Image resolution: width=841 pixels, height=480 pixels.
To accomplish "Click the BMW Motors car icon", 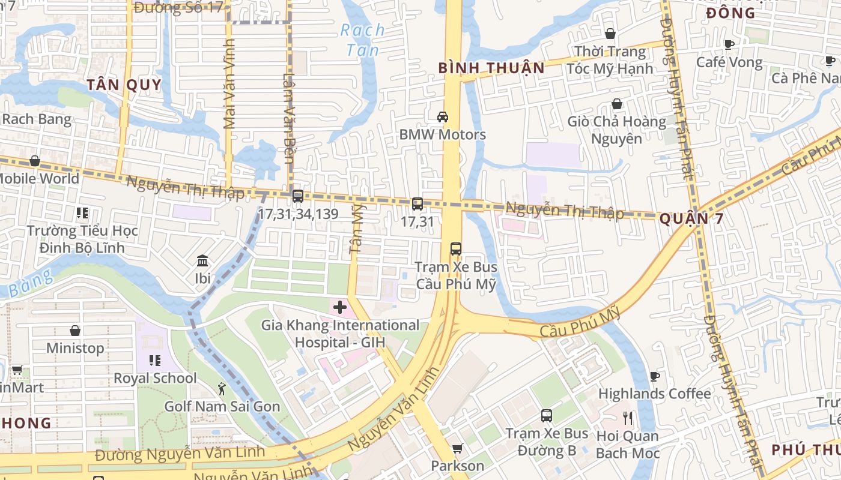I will pos(443,116).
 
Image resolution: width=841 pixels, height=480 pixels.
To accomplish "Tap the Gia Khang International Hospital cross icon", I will pos(340,308).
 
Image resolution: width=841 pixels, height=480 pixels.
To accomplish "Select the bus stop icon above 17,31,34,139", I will pos(297,196).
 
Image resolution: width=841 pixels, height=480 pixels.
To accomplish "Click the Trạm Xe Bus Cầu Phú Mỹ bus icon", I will pos(456,248).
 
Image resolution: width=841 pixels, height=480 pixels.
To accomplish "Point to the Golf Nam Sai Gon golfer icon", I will pos(222,389).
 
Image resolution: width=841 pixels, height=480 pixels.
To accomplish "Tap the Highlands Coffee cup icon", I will pos(655,376).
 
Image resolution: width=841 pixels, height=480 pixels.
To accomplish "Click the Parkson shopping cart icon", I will pos(457,448).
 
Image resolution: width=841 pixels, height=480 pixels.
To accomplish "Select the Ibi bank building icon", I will pos(203,261).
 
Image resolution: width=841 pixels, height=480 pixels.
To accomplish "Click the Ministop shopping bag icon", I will pos(75,331).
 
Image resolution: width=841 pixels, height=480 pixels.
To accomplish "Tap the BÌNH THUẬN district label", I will pos(491,68).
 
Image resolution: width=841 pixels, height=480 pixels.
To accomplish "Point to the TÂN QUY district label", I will pos(124,85).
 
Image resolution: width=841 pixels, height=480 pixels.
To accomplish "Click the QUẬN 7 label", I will pos(691,219).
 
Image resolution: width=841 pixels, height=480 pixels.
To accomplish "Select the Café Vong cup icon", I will pos(729,44).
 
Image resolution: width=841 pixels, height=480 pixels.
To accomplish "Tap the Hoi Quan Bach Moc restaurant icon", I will pos(628,418).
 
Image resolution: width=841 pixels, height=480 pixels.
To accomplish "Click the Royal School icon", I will pos(155,361).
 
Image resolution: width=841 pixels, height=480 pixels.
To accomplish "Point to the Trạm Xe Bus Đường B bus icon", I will pos(547,415).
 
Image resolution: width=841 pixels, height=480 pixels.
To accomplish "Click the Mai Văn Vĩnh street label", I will pos(228,84).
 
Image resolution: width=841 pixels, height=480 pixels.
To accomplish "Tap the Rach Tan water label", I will pos(363,40).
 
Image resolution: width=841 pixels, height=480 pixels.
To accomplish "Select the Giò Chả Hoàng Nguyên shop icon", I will pos(617,104).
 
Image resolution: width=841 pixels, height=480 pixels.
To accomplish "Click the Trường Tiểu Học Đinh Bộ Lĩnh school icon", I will pos(82,213).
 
